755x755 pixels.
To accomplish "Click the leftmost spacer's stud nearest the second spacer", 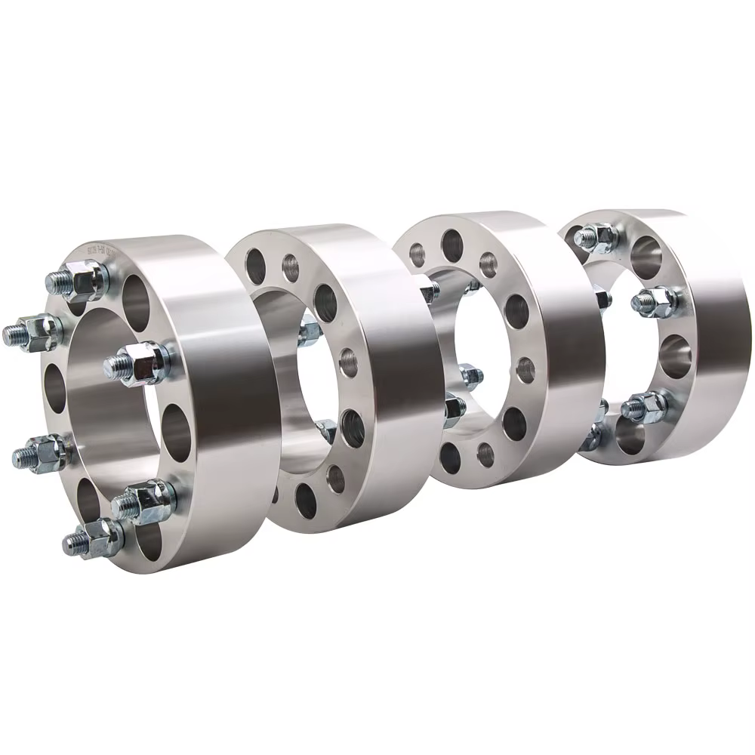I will [140, 363].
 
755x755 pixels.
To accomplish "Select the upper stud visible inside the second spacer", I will [309, 333].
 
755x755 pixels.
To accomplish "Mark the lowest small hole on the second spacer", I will [335, 479].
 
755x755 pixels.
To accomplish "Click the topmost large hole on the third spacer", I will [452, 245].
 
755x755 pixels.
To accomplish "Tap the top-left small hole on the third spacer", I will [417, 255].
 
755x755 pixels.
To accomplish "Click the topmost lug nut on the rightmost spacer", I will [596, 238].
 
